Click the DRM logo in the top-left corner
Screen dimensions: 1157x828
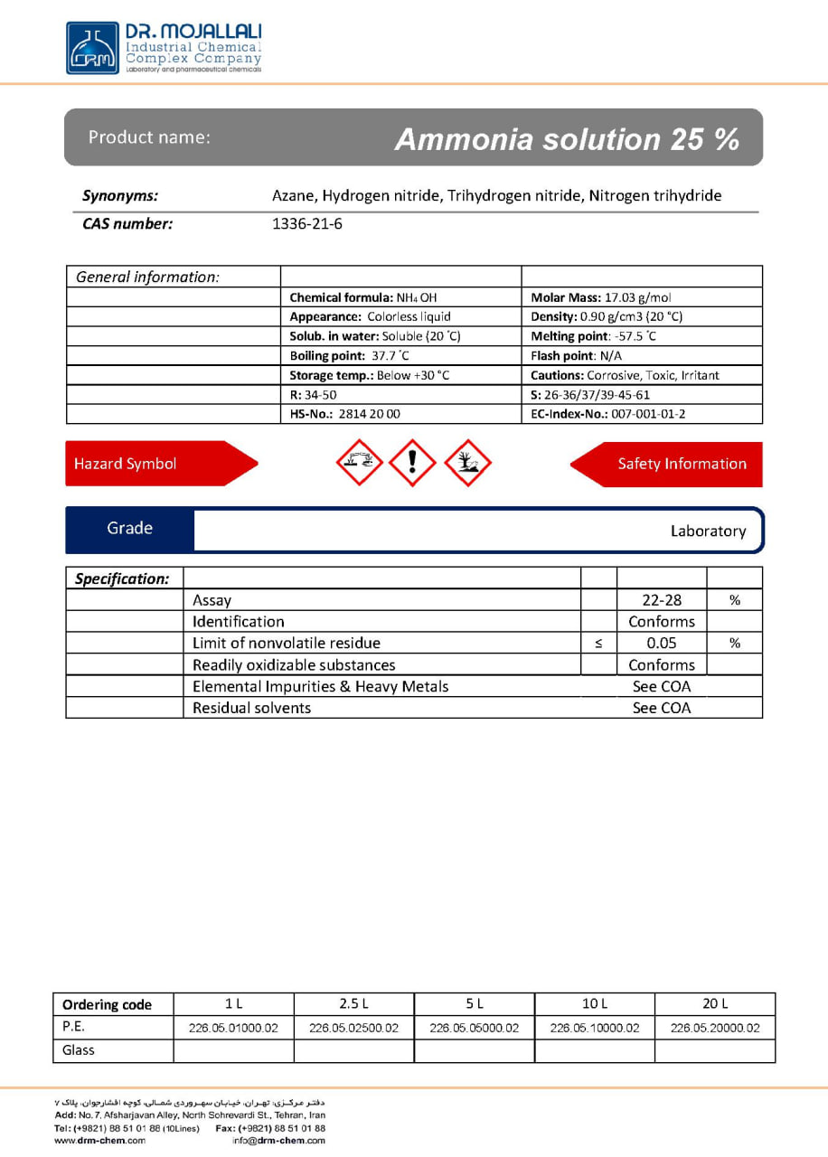click(92, 48)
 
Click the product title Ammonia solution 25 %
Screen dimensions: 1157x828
click(567, 139)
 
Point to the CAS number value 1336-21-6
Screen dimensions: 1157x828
click(307, 224)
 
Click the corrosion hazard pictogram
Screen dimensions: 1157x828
click(359, 463)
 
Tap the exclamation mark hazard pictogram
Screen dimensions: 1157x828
click(413, 463)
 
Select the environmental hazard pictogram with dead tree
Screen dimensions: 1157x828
click(468, 463)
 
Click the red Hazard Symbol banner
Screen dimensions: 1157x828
click(154, 464)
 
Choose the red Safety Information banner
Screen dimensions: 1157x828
click(673, 464)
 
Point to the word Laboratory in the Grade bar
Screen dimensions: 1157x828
click(708, 531)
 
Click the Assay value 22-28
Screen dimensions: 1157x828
click(662, 600)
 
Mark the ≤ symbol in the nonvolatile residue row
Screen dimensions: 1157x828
click(598, 644)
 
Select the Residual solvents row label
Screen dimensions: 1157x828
click(251, 708)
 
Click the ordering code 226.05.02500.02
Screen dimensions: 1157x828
click(353, 1028)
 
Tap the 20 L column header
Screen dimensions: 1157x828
click(714, 1003)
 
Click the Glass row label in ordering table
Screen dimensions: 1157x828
click(79, 1050)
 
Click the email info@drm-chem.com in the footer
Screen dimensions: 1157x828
click(278, 1141)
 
